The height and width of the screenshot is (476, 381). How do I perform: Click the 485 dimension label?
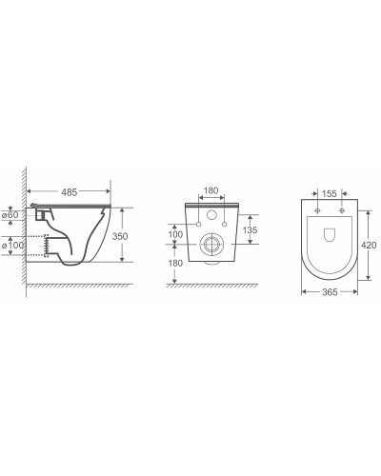[70, 192]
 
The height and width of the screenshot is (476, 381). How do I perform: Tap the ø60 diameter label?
[10, 215]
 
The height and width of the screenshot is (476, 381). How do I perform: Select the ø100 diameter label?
[12, 246]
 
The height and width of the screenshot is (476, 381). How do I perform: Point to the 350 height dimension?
[120, 236]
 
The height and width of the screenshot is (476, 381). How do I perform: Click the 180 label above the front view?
[211, 190]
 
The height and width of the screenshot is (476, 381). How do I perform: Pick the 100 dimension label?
[175, 234]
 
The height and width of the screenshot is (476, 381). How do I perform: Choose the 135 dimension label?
[250, 229]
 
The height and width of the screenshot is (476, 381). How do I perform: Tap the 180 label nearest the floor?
[175, 263]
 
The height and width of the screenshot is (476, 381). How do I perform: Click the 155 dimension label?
[330, 193]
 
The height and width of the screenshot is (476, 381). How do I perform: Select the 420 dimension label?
[369, 245]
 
